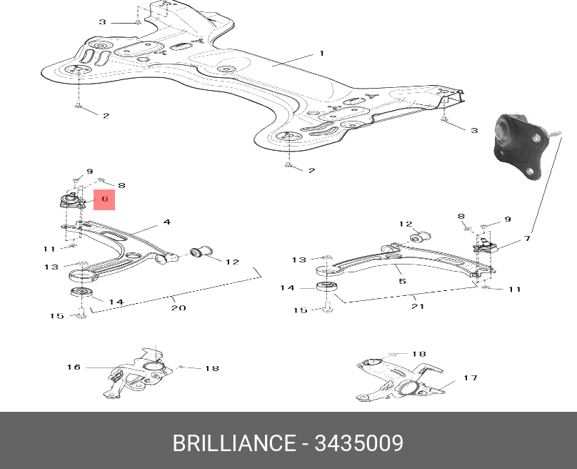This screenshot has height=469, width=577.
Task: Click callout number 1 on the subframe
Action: click(321, 54)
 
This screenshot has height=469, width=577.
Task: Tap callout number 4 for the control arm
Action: click(166, 222)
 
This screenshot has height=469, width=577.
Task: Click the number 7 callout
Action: click(527, 238)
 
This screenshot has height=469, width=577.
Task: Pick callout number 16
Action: click(74, 367)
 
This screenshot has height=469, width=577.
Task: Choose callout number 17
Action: click(470, 378)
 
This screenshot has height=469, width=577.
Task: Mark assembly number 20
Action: click(178, 308)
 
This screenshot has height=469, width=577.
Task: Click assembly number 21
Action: click(418, 307)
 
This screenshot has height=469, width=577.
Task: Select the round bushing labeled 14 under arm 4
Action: click(78, 294)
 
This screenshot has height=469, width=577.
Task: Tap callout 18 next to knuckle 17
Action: click(418, 354)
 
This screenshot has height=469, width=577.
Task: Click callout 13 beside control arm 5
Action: click(298, 260)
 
